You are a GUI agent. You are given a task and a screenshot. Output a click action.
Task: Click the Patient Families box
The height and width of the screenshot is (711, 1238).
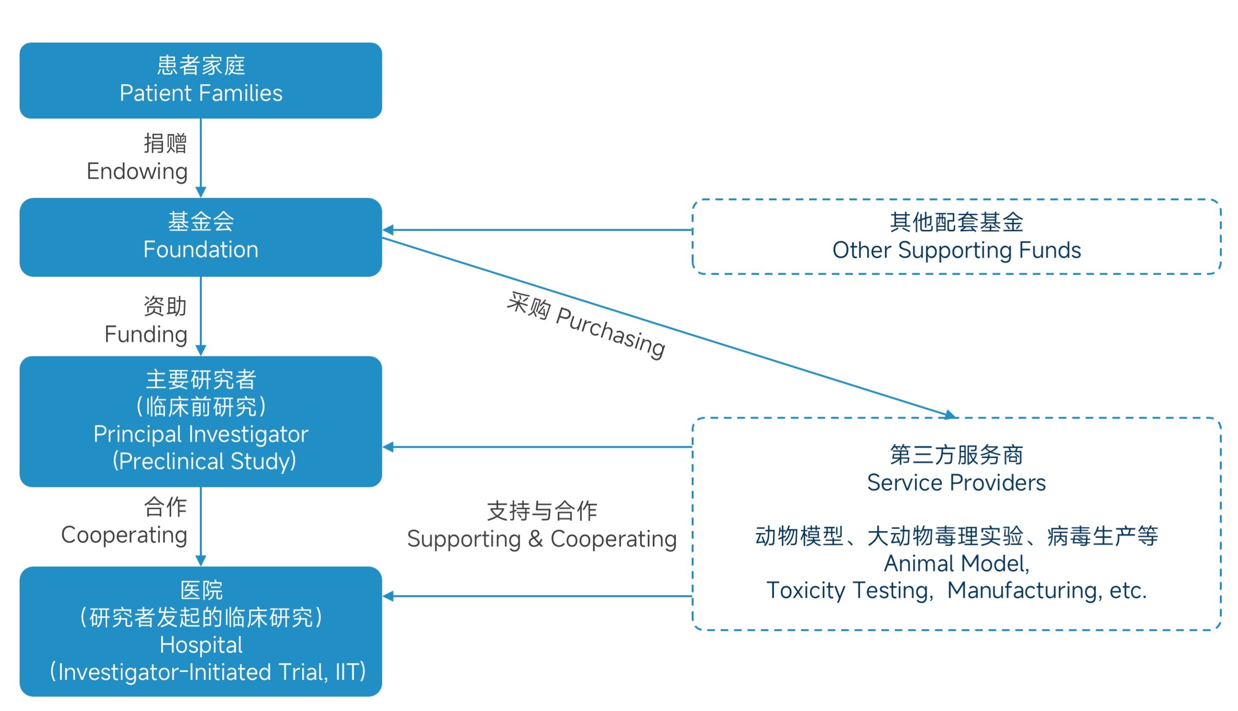click(201, 81)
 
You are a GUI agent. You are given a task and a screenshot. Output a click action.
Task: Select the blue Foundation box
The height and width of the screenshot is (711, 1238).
click(201, 237)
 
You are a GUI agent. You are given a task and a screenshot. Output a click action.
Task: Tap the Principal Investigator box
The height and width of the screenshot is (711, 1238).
click(201, 421)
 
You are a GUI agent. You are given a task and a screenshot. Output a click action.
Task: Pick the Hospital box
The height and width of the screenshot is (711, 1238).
click(201, 631)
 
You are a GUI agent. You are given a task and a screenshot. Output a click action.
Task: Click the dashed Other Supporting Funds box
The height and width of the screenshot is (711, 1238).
click(956, 237)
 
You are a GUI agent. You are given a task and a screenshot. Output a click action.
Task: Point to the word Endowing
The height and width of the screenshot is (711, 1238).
click(137, 172)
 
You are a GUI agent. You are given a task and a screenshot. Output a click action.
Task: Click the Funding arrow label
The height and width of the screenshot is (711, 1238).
click(146, 334)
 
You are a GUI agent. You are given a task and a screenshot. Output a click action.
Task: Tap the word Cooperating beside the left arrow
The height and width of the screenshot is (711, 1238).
click(124, 535)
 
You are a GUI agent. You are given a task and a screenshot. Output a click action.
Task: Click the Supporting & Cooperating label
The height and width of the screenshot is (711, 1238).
click(542, 539)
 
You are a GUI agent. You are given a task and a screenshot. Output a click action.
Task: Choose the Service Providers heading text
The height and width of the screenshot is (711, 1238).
click(956, 483)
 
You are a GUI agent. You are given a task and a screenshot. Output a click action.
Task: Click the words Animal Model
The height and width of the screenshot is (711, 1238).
click(956, 563)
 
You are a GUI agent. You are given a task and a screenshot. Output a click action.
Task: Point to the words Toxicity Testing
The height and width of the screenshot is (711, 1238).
click(848, 591)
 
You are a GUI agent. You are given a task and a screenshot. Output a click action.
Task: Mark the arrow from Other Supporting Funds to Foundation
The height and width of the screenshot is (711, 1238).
click(537, 229)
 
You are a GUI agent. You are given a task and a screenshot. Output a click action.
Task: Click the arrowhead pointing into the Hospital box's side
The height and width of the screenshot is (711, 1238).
click(389, 596)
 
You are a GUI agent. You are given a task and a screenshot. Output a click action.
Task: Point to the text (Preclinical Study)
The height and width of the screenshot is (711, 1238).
click(204, 462)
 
